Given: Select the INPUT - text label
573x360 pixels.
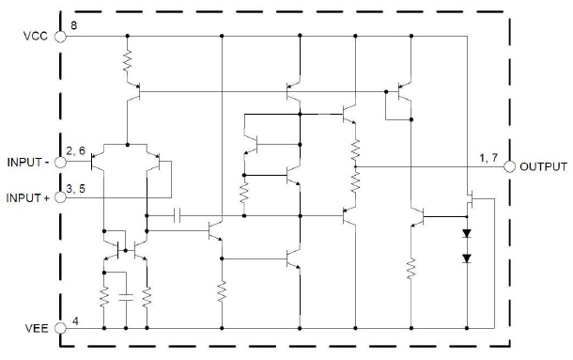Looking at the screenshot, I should [30, 161].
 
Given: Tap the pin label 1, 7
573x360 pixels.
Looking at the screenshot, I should [489, 157].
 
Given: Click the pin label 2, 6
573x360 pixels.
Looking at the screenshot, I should [76, 151].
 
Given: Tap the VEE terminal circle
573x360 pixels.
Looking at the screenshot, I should [61, 328].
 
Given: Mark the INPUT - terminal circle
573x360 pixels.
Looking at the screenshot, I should [61, 161].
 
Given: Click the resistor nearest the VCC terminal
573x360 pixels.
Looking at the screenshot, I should [127, 62].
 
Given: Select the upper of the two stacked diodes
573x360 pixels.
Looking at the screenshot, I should [466, 230].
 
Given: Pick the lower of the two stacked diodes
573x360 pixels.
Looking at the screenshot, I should [466, 257].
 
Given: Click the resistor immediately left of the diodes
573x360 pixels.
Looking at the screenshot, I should [411, 270].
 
